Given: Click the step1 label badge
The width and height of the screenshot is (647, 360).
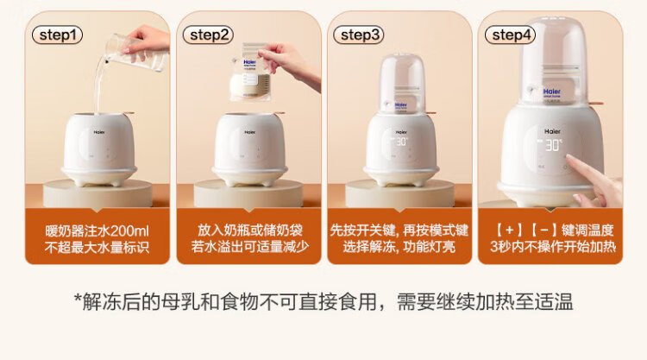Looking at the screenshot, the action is click(x=57, y=35).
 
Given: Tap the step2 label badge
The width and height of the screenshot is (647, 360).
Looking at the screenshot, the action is click(x=208, y=35).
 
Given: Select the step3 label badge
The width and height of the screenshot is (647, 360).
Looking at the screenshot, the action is click(x=359, y=35).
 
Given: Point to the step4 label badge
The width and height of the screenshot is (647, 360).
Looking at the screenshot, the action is click(x=510, y=35).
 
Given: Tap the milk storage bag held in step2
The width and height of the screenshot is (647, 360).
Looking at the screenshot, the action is click(x=249, y=73).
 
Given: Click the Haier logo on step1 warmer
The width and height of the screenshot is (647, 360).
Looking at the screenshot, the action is click(x=99, y=133).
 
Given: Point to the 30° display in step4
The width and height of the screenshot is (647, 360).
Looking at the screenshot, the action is click(x=553, y=145).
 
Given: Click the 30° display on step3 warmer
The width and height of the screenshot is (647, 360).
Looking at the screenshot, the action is click(x=401, y=142).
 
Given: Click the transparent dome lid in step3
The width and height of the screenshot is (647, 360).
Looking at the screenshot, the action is click(x=402, y=83).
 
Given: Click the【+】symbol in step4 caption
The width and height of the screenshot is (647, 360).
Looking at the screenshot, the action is click(x=509, y=231).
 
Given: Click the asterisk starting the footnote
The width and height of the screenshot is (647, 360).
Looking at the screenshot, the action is click(x=78, y=298).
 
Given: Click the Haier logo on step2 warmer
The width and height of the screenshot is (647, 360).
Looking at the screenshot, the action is click(x=249, y=133).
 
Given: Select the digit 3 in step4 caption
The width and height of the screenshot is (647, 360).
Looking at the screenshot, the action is click(x=494, y=247).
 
